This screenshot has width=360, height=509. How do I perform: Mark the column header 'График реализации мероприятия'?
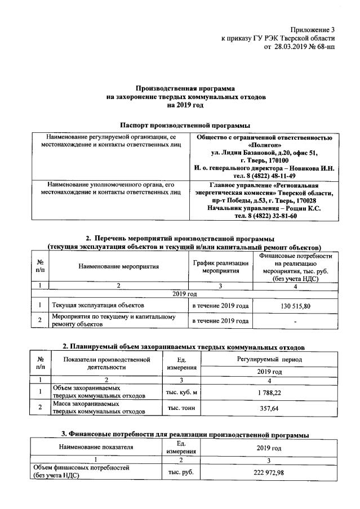220,266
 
